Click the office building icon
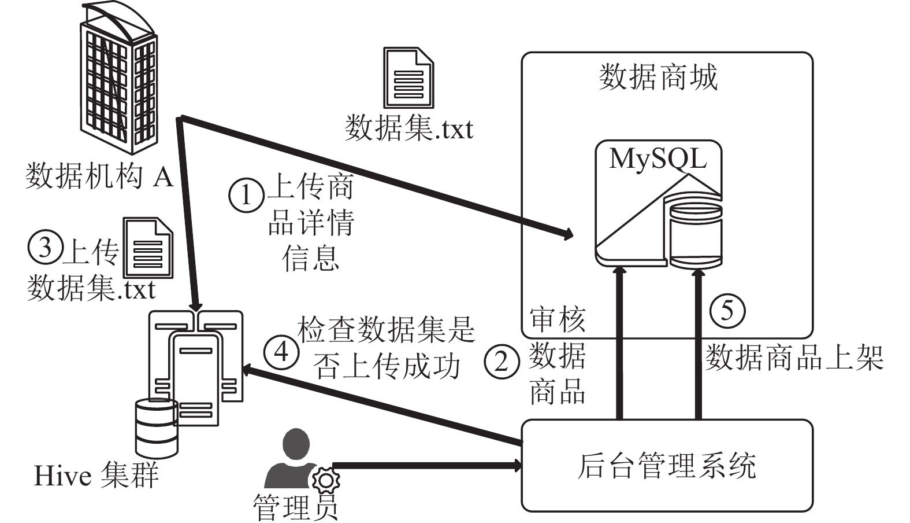[x=118, y=78]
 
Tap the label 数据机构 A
[x=99, y=176]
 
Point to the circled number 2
[x=502, y=361]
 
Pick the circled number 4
[x=281, y=351]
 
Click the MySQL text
[x=658, y=159]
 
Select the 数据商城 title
[x=659, y=77]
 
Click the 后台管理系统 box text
[x=667, y=466]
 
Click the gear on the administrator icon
[x=326, y=480]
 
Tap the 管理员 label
[x=295, y=507]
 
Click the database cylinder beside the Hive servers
[x=157, y=429]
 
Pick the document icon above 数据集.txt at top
[x=408, y=78]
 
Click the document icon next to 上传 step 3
[x=148, y=247]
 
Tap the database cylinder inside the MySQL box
[x=696, y=232]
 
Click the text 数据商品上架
[x=794, y=358]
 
